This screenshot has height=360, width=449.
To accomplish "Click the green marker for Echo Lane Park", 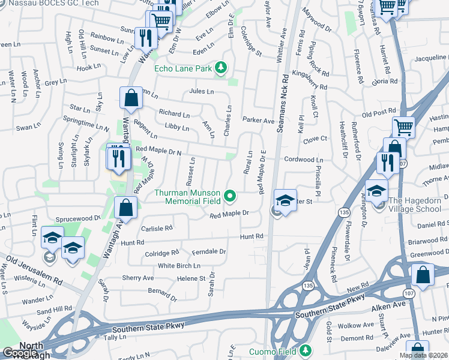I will [x=221, y=68].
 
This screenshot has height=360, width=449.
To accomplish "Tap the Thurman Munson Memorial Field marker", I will [x=229, y=196].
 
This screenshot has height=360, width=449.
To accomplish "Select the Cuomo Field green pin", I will [x=306, y=350].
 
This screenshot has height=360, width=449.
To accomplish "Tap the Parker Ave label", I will [x=258, y=120].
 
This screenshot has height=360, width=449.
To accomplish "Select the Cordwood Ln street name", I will [x=304, y=160].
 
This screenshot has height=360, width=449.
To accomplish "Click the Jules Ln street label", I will [x=201, y=92].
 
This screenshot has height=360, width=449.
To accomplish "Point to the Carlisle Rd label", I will [x=157, y=228].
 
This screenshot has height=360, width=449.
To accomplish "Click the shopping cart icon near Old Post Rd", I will [x=403, y=127].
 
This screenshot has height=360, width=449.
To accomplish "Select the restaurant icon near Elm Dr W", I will [x=146, y=38].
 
